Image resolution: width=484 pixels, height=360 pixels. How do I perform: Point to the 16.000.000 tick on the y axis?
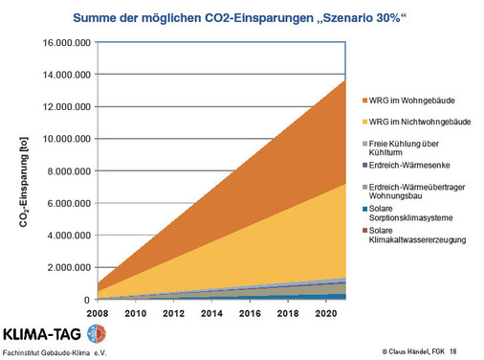pos(62,43)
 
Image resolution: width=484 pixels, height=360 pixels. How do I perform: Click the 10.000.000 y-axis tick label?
pos(62,140)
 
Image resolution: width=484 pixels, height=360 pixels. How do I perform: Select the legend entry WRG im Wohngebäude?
pos(412,100)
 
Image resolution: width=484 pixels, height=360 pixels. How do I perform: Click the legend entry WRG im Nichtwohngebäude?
pos(419,123)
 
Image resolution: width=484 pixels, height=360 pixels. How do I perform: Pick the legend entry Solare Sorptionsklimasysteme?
pos(412,214)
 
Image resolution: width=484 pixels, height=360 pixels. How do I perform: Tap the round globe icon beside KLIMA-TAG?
pos(97,334)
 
